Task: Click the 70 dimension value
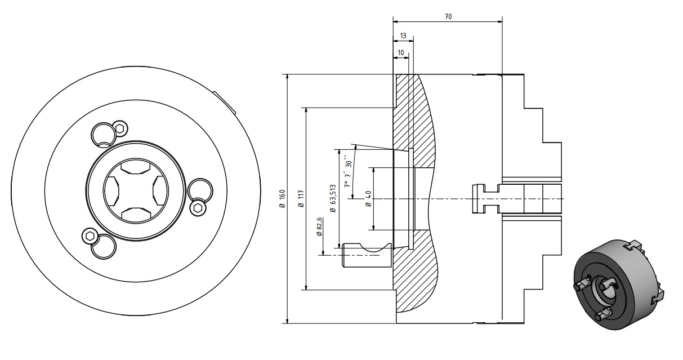(x=448, y=16)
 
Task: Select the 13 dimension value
(x=403, y=35)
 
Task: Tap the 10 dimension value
(x=400, y=52)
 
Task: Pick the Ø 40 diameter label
(x=368, y=198)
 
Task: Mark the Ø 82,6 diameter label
(x=319, y=226)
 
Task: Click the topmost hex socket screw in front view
(x=119, y=128)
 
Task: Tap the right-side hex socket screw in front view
(x=198, y=208)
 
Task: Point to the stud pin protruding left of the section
(x=367, y=254)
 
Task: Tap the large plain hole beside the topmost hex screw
(x=103, y=134)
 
